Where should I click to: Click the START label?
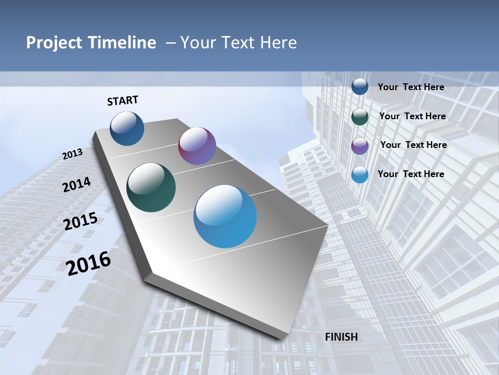tap(123, 100)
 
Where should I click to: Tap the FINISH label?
tap(342, 337)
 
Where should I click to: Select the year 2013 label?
tap(72, 154)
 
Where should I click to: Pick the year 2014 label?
tap(76, 184)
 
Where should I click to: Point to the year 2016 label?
tap(88, 263)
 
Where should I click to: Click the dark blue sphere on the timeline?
tap(127, 128)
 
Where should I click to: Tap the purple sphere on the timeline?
tap(197, 146)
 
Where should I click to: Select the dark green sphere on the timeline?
tap(151, 187)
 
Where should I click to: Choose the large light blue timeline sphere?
tap(225, 216)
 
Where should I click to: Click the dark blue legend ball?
tap(360, 86)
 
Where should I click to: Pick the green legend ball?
tap(360, 116)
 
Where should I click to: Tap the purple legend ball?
tap(360, 145)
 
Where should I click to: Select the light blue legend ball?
tap(360, 174)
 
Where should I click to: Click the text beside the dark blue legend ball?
tap(411, 87)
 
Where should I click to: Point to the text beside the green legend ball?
tap(412, 116)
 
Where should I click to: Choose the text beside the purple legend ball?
tap(413, 145)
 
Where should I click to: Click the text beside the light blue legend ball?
tap(411, 174)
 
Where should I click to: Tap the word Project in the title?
tap(52, 43)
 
